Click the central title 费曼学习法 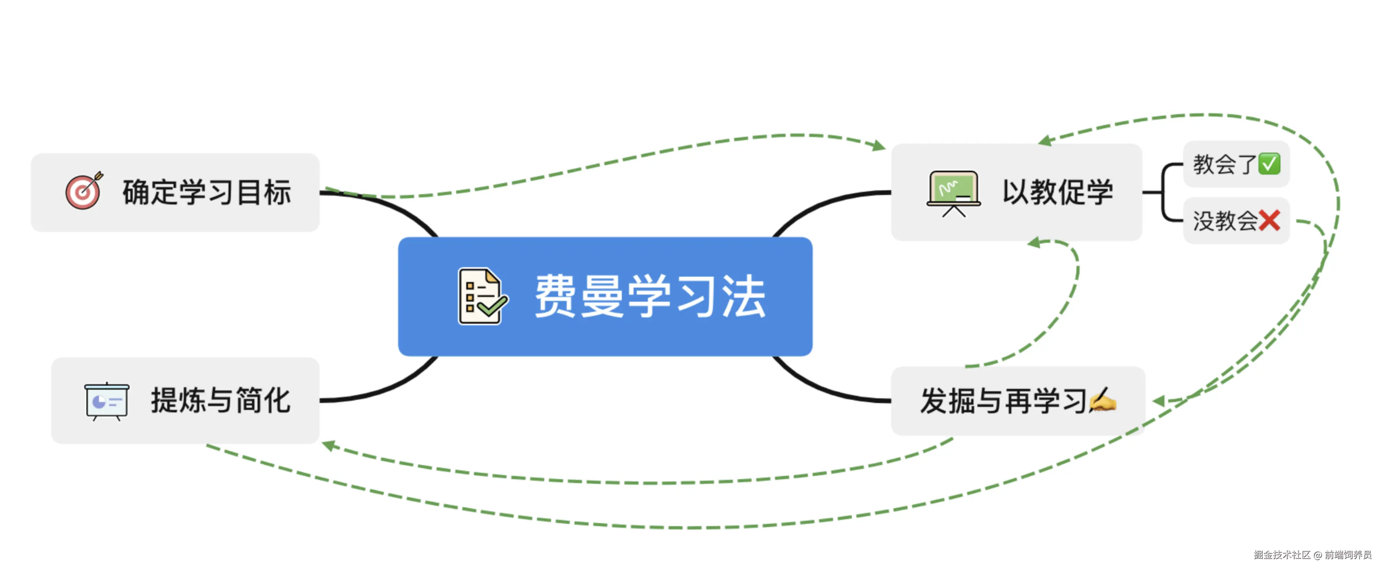click(x=650, y=296)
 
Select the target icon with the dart click(x=84, y=191)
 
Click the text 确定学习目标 click(x=207, y=192)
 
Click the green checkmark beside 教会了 click(x=1269, y=164)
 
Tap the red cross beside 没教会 click(x=1269, y=221)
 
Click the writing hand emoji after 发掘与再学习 click(x=1103, y=400)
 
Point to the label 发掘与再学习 click(x=1004, y=401)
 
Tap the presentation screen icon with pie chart click(x=107, y=401)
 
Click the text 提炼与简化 click(x=221, y=401)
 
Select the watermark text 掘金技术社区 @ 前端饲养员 click(x=1312, y=555)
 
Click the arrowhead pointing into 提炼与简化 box click(x=328, y=445)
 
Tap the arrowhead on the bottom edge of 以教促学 click(x=1034, y=242)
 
